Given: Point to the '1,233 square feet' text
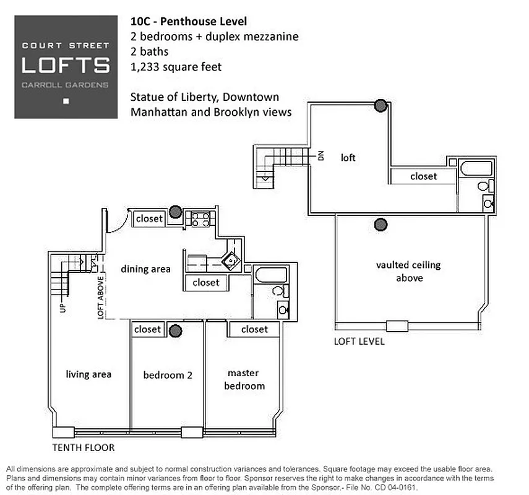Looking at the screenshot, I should pyautogui.click(x=176, y=67).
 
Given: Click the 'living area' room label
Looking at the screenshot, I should pyautogui.click(x=88, y=374).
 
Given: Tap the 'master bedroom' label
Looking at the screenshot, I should pyautogui.click(x=246, y=379).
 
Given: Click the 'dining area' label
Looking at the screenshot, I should pyautogui.click(x=145, y=269).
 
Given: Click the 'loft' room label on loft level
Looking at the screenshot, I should pyautogui.click(x=348, y=158).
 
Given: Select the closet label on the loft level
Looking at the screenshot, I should pyautogui.click(x=423, y=176).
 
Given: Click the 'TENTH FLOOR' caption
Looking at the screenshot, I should pyautogui.click(x=84, y=447).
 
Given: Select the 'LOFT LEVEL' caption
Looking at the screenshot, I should pyautogui.click(x=359, y=341).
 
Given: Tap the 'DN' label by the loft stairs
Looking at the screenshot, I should pyautogui.click(x=321, y=156).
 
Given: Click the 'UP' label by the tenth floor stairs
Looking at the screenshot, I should pyautogui.click(x=62, y=307).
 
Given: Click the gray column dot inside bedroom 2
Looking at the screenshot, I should pyautogui.click(x=176, y=331).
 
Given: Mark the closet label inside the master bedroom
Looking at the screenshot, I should pyautogui.click(x=254, y=329).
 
